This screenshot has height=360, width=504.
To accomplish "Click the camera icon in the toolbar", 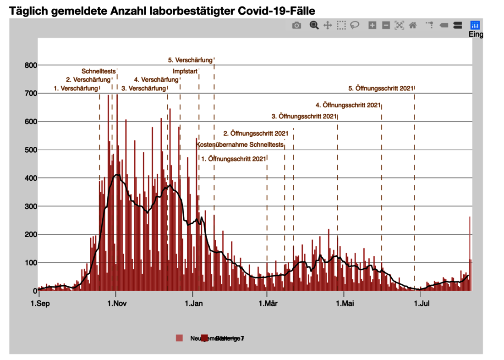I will tap(297, 26).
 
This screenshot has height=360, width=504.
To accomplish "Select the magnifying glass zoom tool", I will tap(314, 25).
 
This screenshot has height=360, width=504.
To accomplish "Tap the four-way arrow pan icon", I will tap(328, 26).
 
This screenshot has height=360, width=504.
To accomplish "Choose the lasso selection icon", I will tap(354, 26).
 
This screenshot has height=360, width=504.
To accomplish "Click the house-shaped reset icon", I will tap(413, 26).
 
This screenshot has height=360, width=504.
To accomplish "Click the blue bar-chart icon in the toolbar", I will tap(475, 25).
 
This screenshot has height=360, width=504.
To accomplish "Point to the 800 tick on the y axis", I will tap(30, 65).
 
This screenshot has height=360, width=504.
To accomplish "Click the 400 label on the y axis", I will tap(30, 178).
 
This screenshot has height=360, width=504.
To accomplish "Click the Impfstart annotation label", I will tap(185, 71).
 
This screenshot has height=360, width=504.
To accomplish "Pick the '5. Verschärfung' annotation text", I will tap(190, 60).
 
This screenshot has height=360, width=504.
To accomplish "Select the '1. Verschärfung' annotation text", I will tap(76, 88).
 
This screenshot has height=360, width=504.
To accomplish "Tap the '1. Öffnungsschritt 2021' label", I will tap(234, 159).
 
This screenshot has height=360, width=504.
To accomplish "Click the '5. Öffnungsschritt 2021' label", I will tap(381, 88).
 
